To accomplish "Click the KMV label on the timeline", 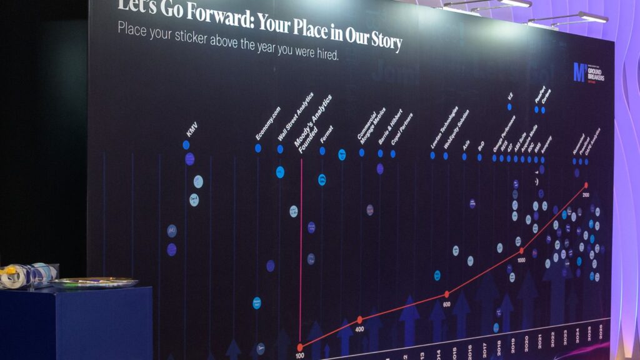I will pyautogui.click(x=191, y=131).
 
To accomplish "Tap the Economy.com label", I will pyautogui.click(x=268, y=124).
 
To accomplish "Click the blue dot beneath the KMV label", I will pyautogui.click(x=186, y=145).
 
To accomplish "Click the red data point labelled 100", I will pyautogui.click(x=300, y=347).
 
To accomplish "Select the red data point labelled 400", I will pyautogui.click(x=359, y=319).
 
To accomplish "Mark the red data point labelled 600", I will pyautogui.click(x=446, y=294).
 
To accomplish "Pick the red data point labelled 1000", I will pyautogui.click(x=521, y=251).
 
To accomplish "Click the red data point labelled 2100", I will pyautogui.click(x=586, y=185).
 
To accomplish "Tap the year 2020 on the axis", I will pyautogui.click(x=526, y=341).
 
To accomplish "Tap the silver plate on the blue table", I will pyautogui.click(x=94, y=282).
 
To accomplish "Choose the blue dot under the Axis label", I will pyautogui.click(x=464, y=157).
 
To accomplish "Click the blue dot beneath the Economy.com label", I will pyautogui.click(x=257, y=148).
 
